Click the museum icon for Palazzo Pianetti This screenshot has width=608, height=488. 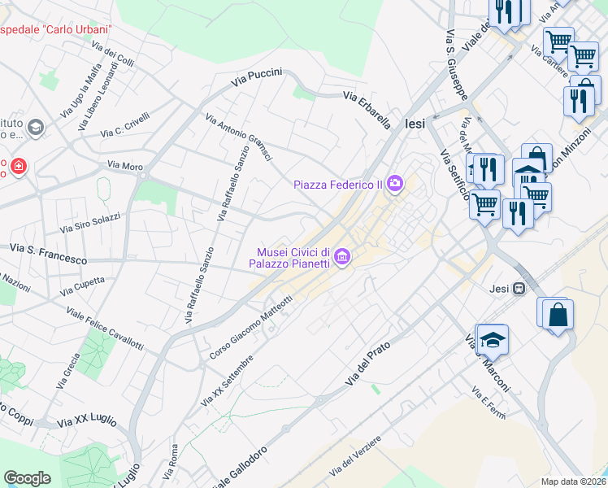(342, 259)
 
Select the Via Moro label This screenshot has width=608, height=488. (125, 166)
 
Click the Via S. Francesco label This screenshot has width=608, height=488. (48, 252)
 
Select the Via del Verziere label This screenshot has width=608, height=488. (355, 457)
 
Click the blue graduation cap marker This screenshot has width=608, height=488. (492, 339)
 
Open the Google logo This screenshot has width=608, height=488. (27, 477)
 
